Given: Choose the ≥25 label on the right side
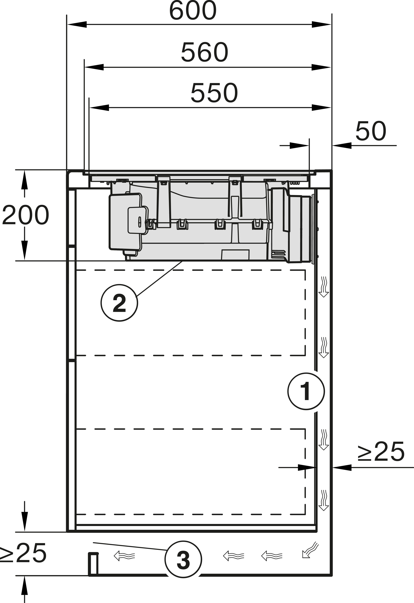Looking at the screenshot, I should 381,452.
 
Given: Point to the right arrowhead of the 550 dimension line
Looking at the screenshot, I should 321,107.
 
